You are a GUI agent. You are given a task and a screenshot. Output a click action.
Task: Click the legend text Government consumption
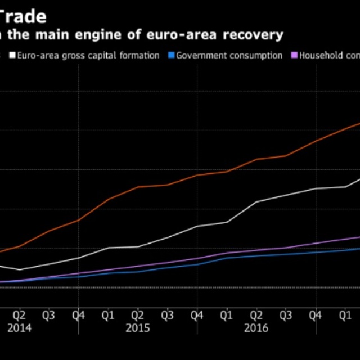click(230, 55)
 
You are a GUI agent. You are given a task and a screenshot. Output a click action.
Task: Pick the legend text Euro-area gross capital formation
click(88, 55)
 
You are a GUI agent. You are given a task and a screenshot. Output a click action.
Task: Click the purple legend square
click(294, 55)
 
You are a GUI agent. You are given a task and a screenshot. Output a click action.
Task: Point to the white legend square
click(11, 55)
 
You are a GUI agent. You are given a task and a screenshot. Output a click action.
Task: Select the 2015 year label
click(138, 327)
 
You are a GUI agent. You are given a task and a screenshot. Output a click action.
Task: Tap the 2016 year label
click(256, 327)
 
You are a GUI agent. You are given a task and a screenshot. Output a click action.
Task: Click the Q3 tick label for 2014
click(48, 315)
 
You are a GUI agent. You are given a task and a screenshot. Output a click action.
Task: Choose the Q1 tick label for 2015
click(108, 315)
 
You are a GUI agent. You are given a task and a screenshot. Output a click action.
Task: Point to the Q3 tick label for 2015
click(167, 315)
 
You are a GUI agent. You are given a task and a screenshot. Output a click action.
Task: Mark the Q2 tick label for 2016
click(256, 315)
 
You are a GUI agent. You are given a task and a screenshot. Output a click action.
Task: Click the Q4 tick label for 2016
click(316, 315)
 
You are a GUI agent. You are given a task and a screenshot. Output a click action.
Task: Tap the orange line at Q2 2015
click(138, 187)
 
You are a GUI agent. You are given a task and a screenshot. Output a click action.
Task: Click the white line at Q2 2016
click(256, 201)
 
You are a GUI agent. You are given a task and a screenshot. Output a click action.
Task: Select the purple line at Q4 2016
click(316, 244)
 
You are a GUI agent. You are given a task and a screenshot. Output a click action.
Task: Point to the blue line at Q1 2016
click(227, 257)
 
